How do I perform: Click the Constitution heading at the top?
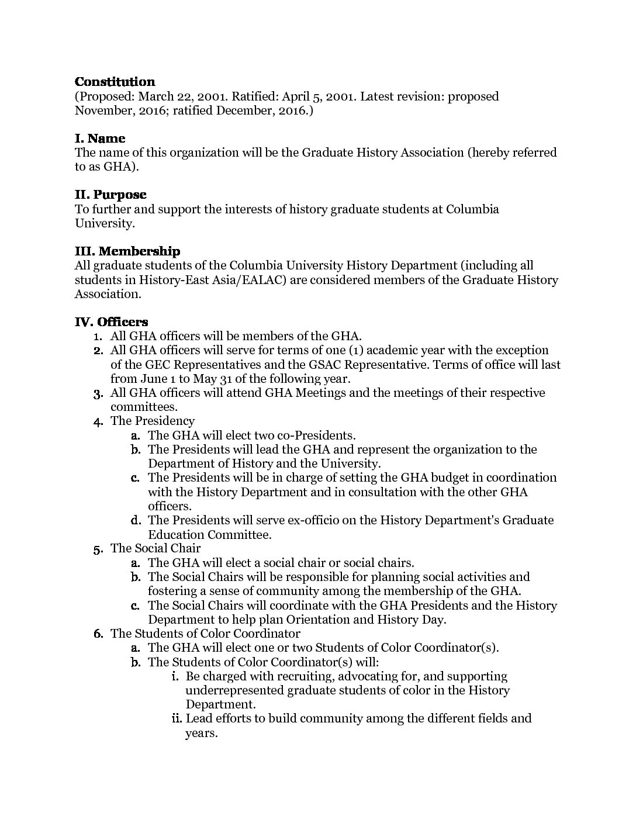(x=115, y=82)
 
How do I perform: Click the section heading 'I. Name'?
(x=100, y=139)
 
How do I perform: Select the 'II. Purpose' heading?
(x=110, y=195)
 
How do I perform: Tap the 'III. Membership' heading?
(x=127, y=251)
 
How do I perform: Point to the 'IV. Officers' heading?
(x=112, y=321)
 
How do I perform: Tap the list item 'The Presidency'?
(x=153, y=421)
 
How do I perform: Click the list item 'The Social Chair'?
(x=155, y=548)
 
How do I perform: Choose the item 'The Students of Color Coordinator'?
(x=205, y=634)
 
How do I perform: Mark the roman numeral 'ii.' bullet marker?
(x=176, y=718)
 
